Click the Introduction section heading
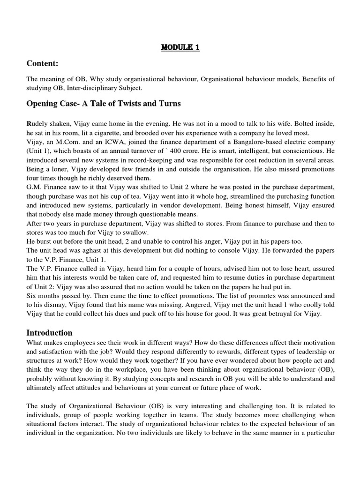click(x=49, y=332)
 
